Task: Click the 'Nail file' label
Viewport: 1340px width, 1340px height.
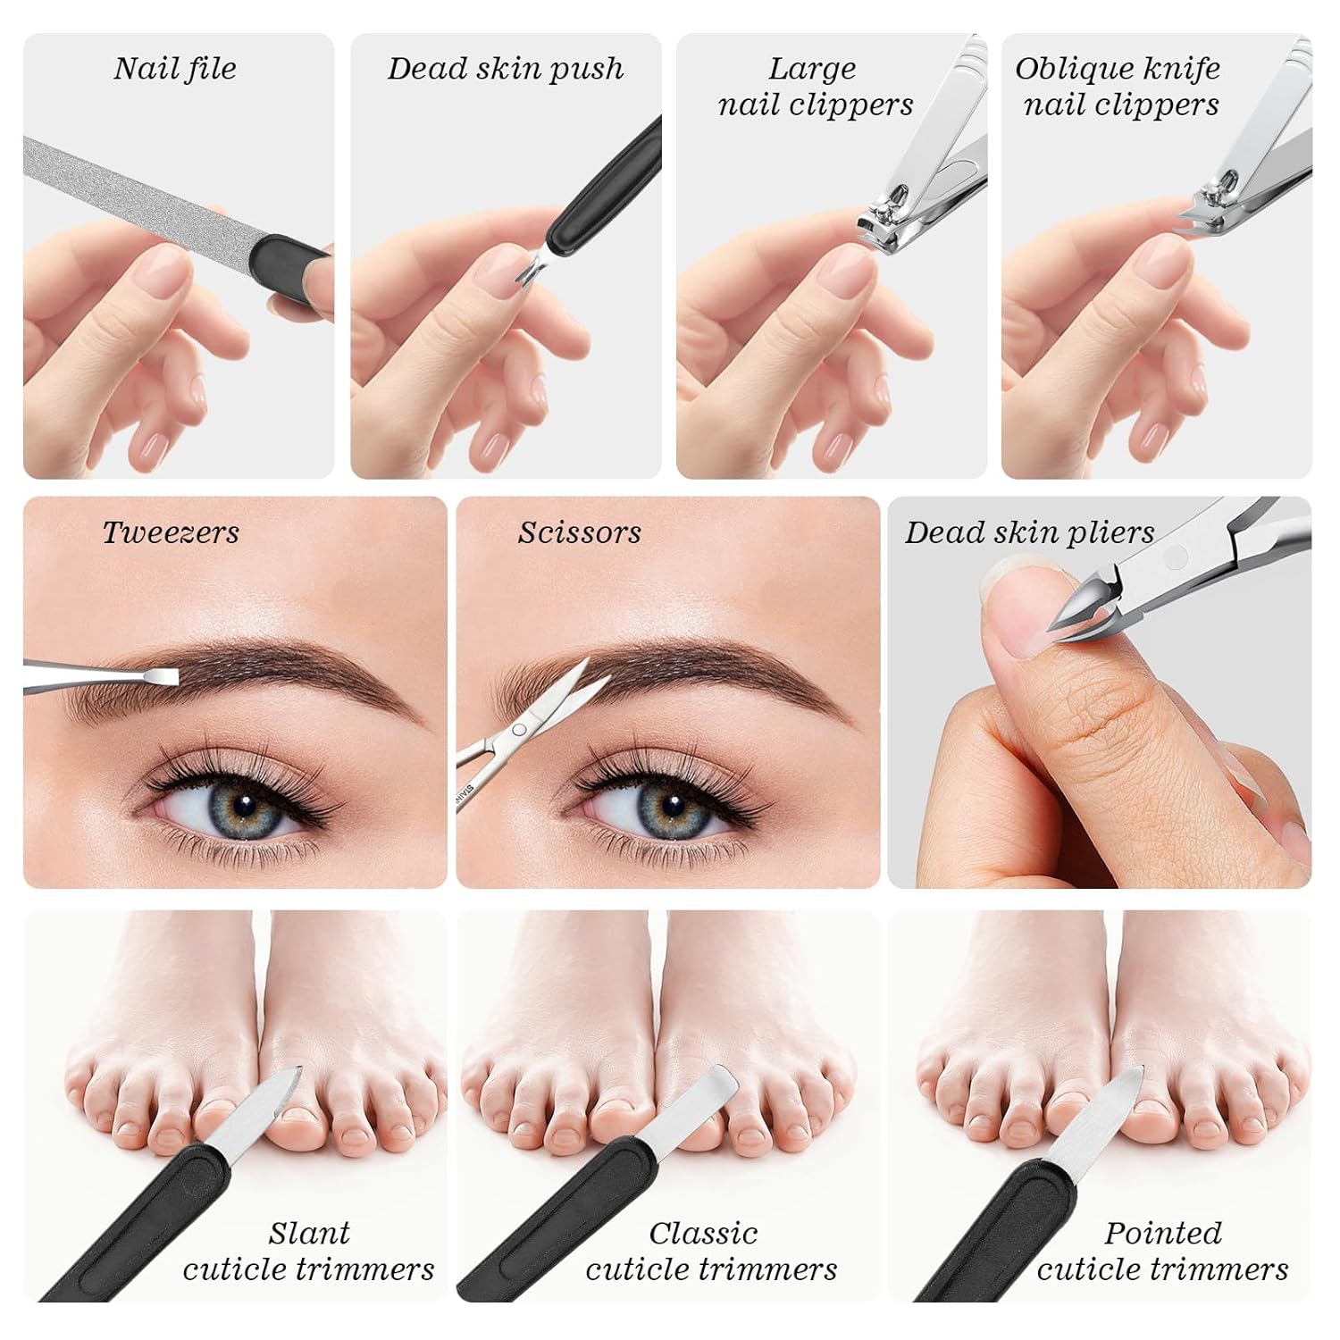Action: point(175,69)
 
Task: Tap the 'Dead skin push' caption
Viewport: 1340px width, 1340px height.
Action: point(506,69)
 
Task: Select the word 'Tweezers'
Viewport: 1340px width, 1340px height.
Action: point(171,532)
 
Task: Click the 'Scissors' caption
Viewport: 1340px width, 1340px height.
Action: point(579,532)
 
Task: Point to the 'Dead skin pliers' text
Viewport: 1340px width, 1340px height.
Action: point(1030,532)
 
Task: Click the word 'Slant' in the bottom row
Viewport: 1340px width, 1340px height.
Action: point(309,1233)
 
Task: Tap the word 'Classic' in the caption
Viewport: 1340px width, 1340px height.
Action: point(703,1233)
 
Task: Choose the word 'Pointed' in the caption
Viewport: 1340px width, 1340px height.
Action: point(1162,1233)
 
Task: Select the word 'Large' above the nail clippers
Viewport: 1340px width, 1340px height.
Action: point(812,69)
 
